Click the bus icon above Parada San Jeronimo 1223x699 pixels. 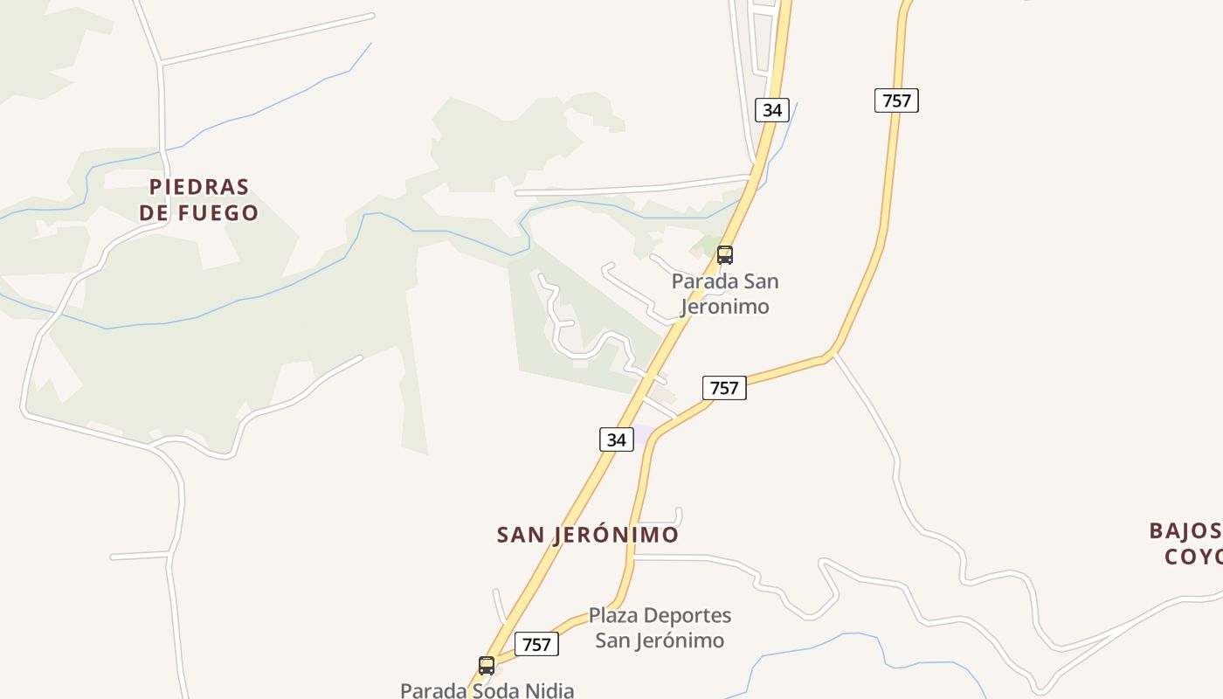point(724,255)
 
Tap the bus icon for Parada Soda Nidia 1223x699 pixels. point(487,666)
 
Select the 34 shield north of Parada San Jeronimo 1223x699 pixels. point(771,109)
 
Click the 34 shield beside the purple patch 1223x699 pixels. point(616,439)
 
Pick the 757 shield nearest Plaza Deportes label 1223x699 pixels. point(536,644)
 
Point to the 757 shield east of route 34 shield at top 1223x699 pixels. point(896,100)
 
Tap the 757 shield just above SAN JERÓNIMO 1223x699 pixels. point(724,387)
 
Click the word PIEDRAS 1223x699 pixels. point(199,187)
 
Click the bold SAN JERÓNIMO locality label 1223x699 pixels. point(587,535)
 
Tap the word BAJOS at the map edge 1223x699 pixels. point(1185,530)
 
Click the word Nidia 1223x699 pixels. point(547,690)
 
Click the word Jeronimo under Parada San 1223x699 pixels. point(724,306)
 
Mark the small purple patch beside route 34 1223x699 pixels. point(642,433)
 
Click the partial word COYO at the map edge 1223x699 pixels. point(1193,557)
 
